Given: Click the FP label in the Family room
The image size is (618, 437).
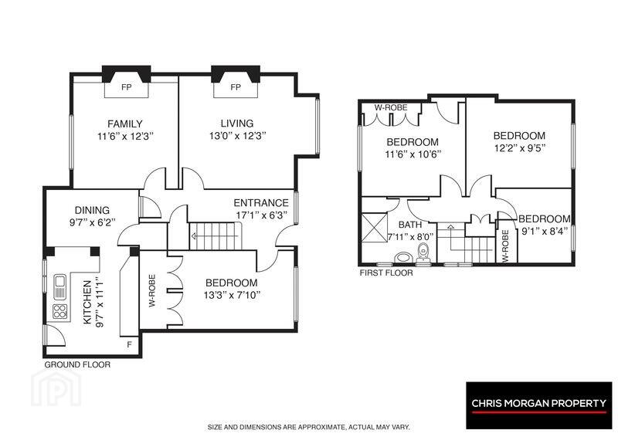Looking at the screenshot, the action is tap(126, 87).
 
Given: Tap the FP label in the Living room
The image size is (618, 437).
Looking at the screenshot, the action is tap(236, 87).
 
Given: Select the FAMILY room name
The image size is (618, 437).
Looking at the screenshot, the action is tap(125, 124).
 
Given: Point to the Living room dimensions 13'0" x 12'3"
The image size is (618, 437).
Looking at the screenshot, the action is tap(238, 137).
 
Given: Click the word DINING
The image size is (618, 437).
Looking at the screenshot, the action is tap(92, 210).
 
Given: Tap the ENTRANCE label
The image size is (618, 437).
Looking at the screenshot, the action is tap(261, 203).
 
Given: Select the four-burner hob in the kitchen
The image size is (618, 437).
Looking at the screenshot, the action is tap(60, 311).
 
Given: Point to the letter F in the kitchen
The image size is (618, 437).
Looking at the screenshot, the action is tap(129, 345).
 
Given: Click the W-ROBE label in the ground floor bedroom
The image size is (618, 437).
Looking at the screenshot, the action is tap(152, 291).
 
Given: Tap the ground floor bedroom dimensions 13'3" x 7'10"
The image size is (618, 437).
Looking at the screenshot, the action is tap(232, 295).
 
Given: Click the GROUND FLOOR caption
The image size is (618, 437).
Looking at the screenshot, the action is tap(77, 365).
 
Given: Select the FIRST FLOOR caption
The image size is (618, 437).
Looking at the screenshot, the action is tap(386, 273).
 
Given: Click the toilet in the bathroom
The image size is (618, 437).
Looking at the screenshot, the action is tap(423, 252).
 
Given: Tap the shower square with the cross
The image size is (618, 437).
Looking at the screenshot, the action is tap(375, 227).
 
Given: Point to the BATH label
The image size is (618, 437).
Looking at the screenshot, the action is tap(410, 225).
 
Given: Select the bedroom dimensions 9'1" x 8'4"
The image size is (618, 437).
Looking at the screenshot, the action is tap(545, 232).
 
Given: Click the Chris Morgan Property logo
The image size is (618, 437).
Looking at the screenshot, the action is tap(538, 405).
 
